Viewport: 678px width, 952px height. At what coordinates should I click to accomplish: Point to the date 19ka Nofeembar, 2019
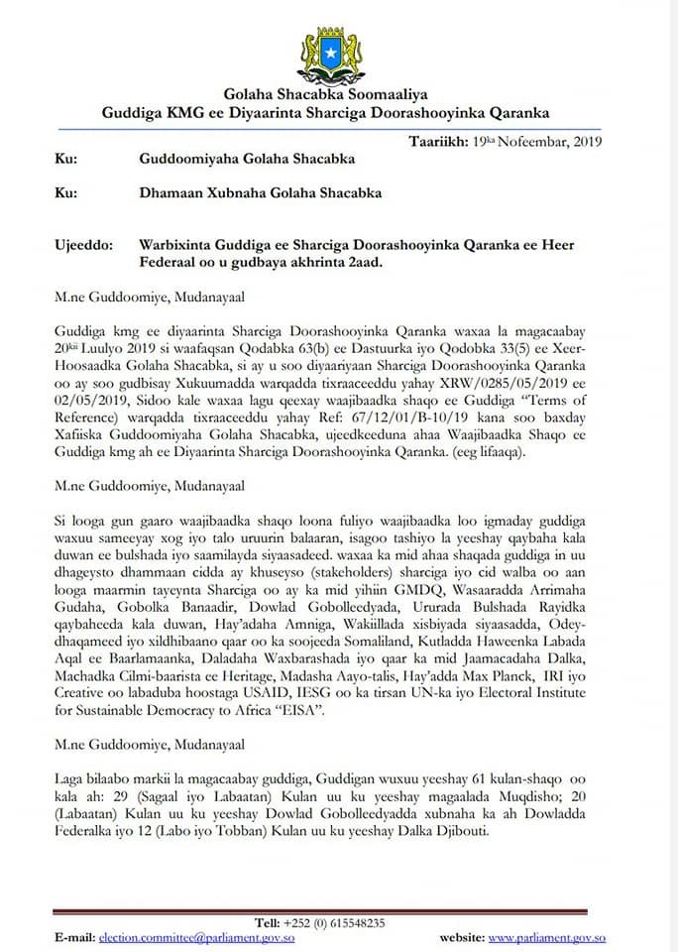[544, 141]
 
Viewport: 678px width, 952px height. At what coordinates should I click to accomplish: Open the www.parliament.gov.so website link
[547, 937]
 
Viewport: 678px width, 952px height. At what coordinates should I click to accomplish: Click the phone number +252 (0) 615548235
[334, 922]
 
